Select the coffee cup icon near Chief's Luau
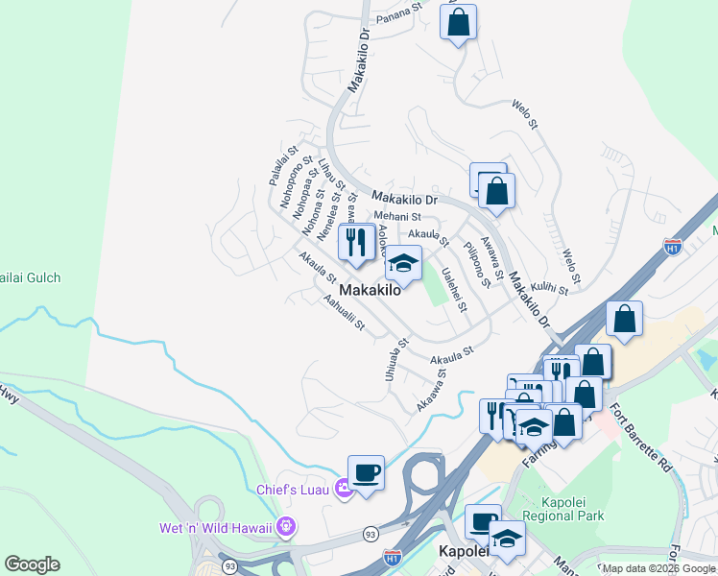tap(366, 473)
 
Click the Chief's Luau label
tap(292, 490)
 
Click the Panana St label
tap(400, 14)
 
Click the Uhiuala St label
tap(394, 360)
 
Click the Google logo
tap(32, 564)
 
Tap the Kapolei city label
tap(466, 552)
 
